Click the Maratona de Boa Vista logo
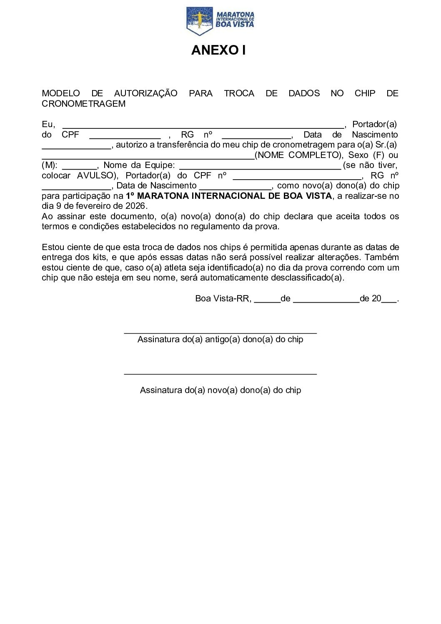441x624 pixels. tap(220, 20)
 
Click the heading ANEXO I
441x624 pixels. tap(218, 50)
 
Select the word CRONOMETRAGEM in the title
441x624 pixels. tap(83, 104)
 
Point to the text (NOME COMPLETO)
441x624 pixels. tap(298, 155)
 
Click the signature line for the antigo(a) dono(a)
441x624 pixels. tap(220, 333)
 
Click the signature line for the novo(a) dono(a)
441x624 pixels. tap(220, 374)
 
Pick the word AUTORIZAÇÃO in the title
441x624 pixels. tap(145, 93)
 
